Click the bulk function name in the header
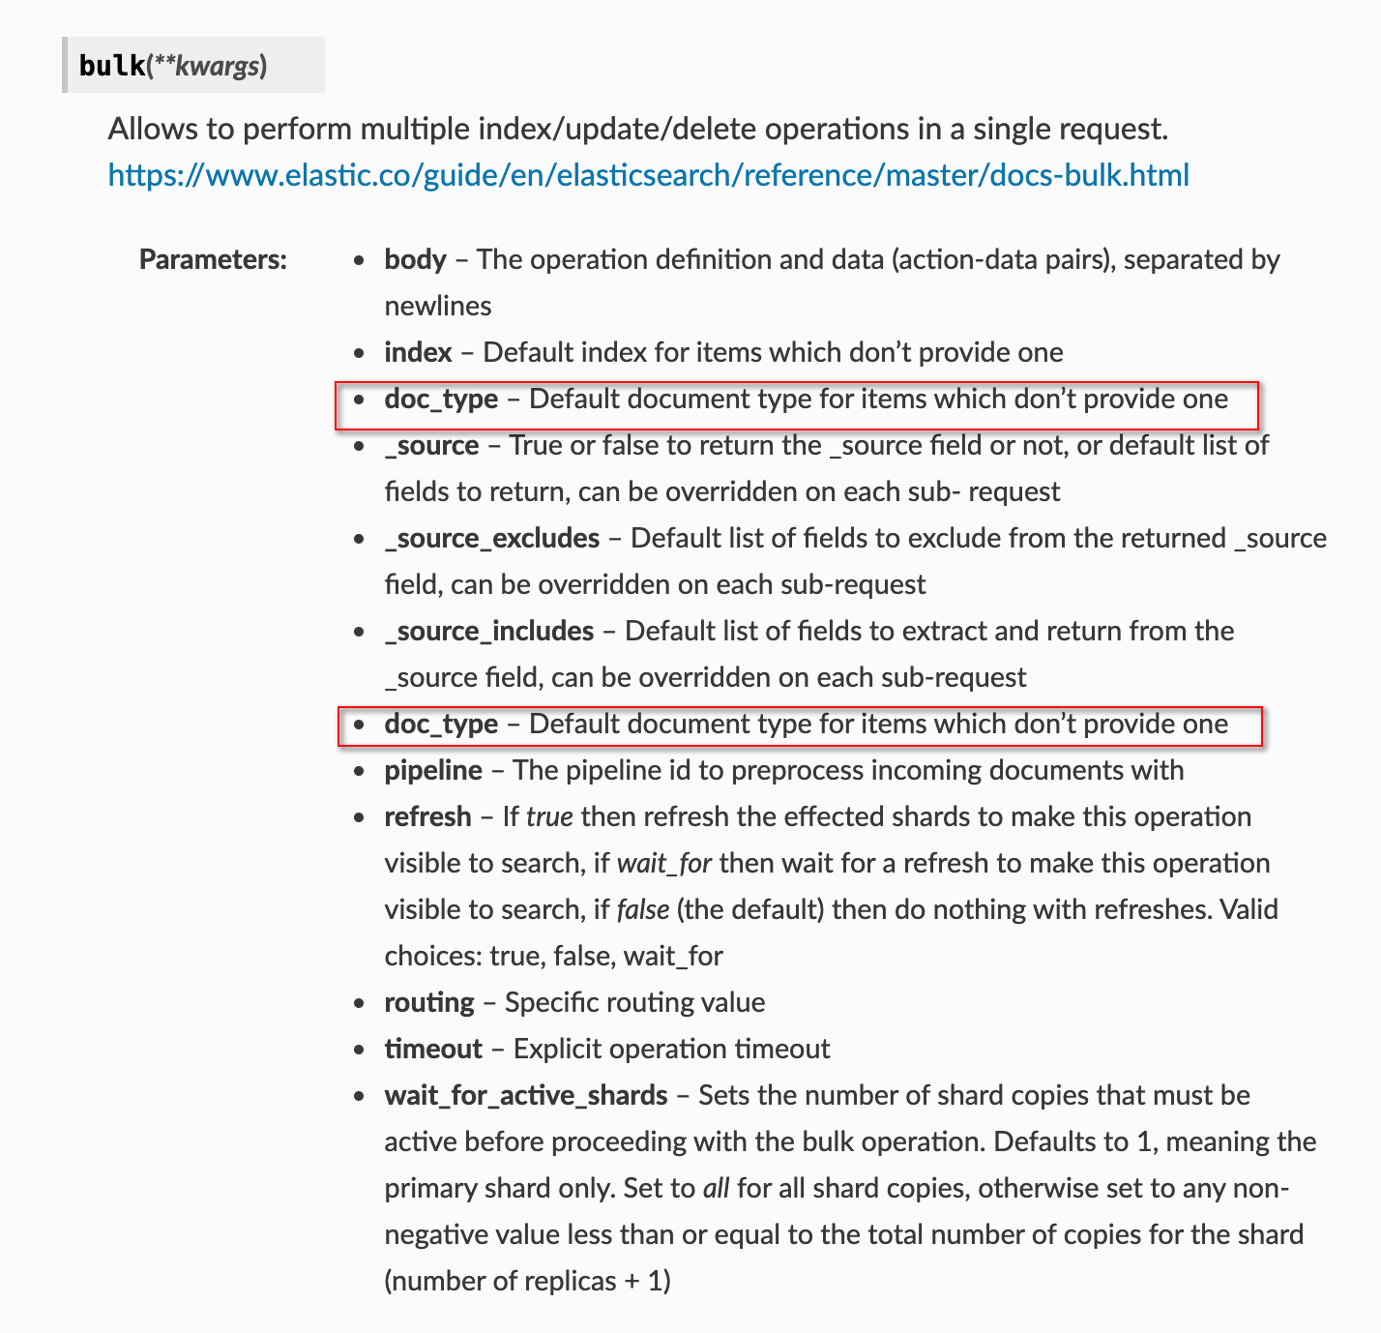(111, 66)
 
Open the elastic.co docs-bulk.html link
(648, 175)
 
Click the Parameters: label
(213, 259)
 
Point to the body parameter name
(415, 259)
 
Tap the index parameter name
(418, 352)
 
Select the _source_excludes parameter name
(491, 538)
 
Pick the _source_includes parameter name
(488, 631)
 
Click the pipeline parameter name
(432, 770)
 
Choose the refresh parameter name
(427, 816)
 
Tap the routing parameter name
(428, 1002)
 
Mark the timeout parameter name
(432, 1049)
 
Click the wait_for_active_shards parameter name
(525, 1095)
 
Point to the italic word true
(549, 816)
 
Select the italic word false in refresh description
(643, 909)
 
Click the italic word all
(716, 1188)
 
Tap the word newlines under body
(437, 306)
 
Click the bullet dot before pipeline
(360, 771)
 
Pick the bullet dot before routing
(360, 1003)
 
